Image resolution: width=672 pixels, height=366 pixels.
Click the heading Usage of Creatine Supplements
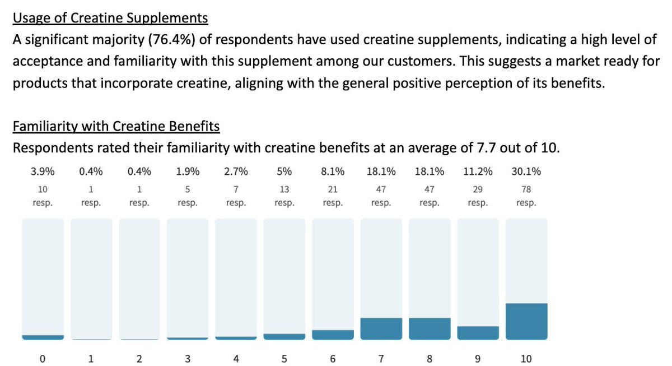(x=110, y=18)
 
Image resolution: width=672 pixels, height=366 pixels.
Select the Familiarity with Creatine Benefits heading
(x=116, y=126)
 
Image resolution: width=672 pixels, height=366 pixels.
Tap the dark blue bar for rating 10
(x=526, y=321)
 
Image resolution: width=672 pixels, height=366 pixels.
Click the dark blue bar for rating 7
(x=381, y=328)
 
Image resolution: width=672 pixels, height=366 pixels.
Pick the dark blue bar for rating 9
(x=478, y=333)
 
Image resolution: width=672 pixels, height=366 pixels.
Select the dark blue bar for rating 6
(x=333, y=335)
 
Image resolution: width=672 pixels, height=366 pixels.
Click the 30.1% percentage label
(x=526, y=172)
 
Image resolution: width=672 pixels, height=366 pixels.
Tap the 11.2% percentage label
(x=478, y=172)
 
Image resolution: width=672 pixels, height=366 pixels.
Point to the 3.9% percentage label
(x=43, y=172)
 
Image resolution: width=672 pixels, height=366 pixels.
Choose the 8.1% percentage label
(x=333, y=172)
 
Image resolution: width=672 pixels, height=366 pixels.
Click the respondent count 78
(x=526, y=189)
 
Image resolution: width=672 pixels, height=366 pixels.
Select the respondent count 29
(x=478, y=189)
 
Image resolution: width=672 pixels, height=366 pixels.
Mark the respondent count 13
(x=284, y=189)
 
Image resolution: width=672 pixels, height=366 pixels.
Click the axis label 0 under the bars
(x=43, y=359)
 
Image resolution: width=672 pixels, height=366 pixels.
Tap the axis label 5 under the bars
(x=284, y=359)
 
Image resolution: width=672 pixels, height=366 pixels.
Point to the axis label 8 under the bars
(x=430, y=359)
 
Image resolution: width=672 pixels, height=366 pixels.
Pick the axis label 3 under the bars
(x=188, y=359)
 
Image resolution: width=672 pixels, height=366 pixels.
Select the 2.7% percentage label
(x=236, y=172)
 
